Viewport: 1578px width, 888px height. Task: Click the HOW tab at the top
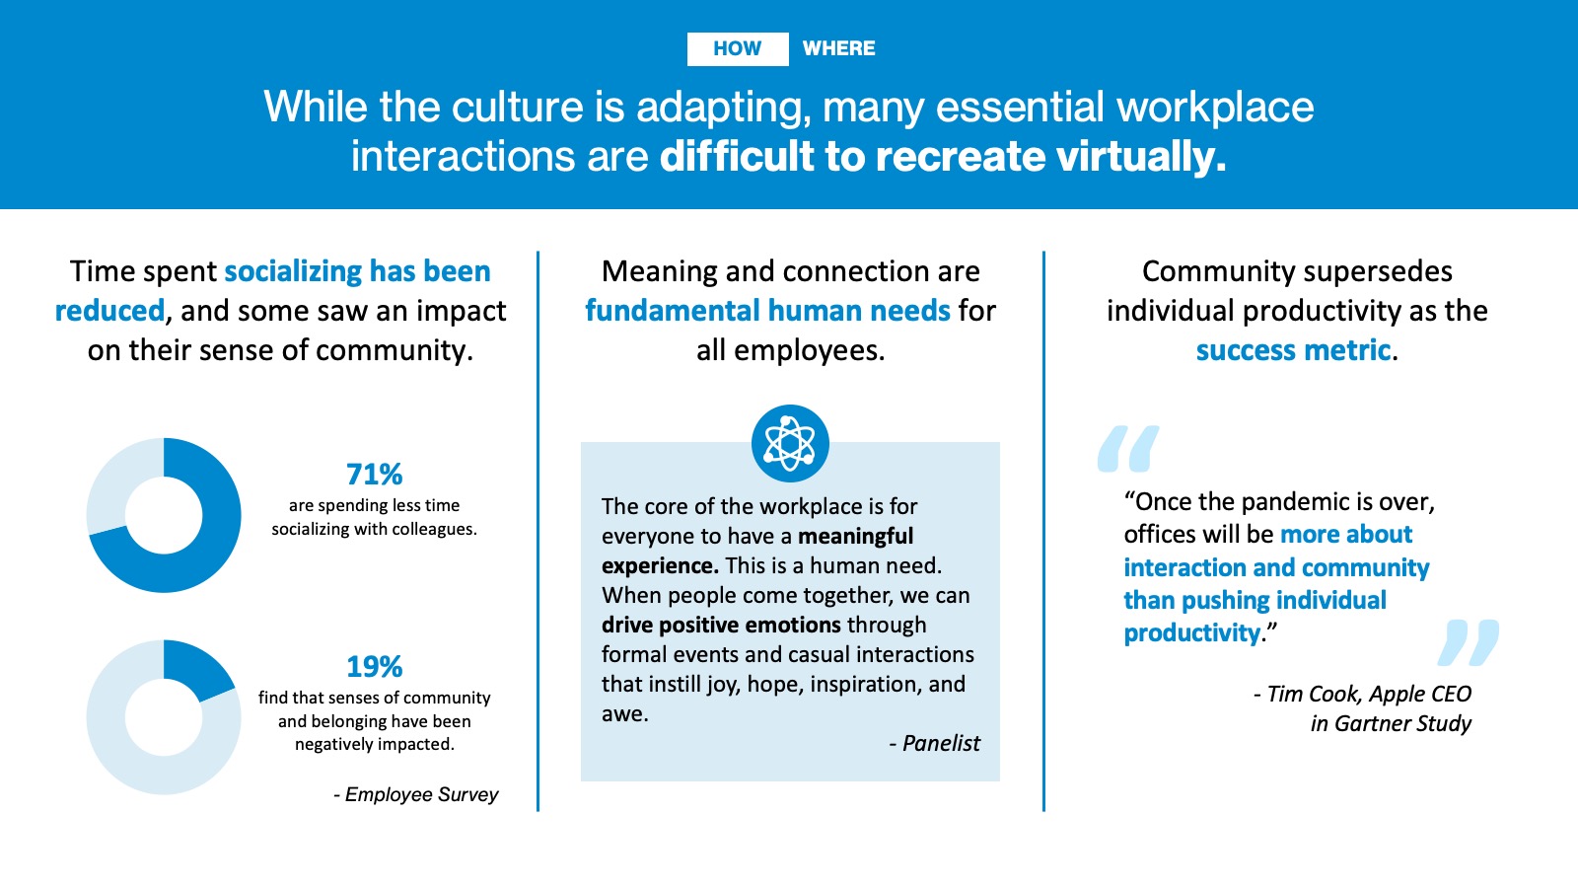pos(738,48)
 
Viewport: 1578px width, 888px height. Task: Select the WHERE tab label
pos(839,48)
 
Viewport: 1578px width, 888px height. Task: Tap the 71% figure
pos(374,475)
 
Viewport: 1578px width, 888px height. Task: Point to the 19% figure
pos(374,667)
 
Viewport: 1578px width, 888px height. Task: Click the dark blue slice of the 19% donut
pos(196,667)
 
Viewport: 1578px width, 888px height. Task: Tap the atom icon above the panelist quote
pos(790,443)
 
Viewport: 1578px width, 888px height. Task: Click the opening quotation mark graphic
pos(1128,448)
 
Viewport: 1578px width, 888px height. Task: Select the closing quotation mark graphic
pos(1469,642)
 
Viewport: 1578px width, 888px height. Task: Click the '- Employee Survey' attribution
pos(415,795)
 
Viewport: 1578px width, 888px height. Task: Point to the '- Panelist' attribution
pos(934,744)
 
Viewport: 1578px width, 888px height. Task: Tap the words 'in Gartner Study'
pos(1391,724)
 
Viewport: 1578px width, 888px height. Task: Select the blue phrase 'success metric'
pos(1293,350)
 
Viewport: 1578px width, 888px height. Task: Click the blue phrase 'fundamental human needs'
pos(767,311)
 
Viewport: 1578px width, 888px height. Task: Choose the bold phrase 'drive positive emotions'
pos(721,626)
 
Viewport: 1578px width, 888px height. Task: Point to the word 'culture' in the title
pos(518,108)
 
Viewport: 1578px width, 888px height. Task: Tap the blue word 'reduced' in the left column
pos(109,311)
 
